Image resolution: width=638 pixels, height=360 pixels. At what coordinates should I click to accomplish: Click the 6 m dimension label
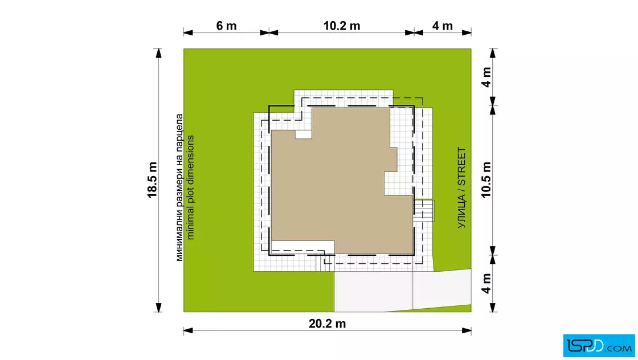[226, 26]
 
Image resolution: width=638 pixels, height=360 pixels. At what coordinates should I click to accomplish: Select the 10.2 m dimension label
[342, 26]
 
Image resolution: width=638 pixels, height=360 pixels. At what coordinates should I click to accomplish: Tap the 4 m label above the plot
[442, 26]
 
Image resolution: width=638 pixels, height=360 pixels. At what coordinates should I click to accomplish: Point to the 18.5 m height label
[152, 180]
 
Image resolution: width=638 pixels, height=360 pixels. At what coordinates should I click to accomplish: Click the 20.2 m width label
[327, 324]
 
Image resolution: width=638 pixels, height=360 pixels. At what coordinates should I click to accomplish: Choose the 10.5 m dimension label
[486, 180]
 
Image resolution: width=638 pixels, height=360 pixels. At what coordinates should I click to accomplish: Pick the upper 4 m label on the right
[486, 77]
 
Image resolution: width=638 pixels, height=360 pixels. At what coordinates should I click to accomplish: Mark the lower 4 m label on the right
[486, 284]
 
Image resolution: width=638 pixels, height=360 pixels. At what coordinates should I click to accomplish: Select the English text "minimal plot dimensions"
[190, 187]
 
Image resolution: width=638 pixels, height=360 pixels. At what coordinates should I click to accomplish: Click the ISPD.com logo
[599, 346]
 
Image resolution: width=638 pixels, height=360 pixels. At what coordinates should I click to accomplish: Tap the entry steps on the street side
[424, 211]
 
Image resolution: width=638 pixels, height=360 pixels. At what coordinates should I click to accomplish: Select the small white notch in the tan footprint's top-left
[303, 134]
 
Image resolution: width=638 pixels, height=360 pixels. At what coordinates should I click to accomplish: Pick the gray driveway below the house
[401, 291]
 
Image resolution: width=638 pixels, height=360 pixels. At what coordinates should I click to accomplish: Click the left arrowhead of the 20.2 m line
[188, 330]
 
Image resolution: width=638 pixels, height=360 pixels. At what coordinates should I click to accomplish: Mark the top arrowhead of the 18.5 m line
[158, 54]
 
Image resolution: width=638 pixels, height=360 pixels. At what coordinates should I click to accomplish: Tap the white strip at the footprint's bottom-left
[302, 247]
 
